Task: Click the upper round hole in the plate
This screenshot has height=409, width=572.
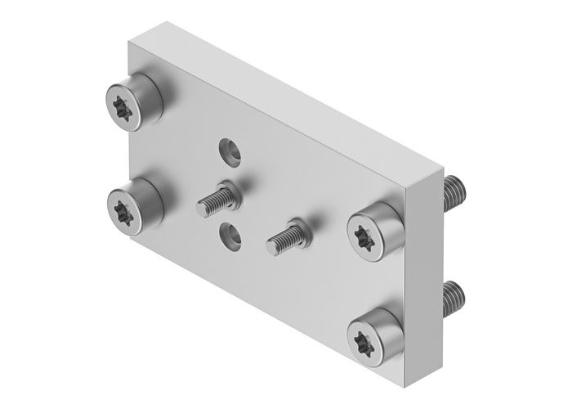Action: [228, 150]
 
